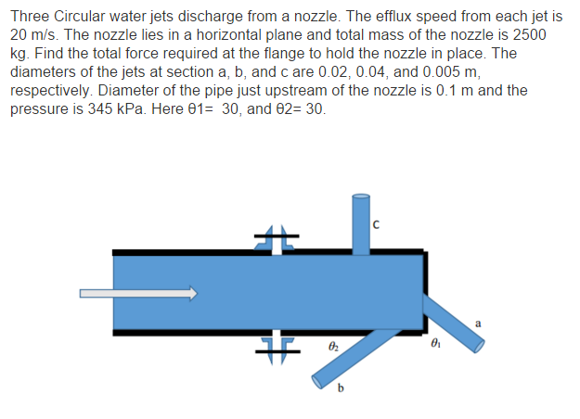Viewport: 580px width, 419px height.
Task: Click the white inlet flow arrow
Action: [138, 294]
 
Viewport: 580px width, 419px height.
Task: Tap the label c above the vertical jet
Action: [375, 222]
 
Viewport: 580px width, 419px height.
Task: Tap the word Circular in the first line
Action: [81, 16]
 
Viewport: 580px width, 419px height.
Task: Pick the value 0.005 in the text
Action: [446, 72]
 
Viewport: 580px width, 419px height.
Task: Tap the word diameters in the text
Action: [45, 72]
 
